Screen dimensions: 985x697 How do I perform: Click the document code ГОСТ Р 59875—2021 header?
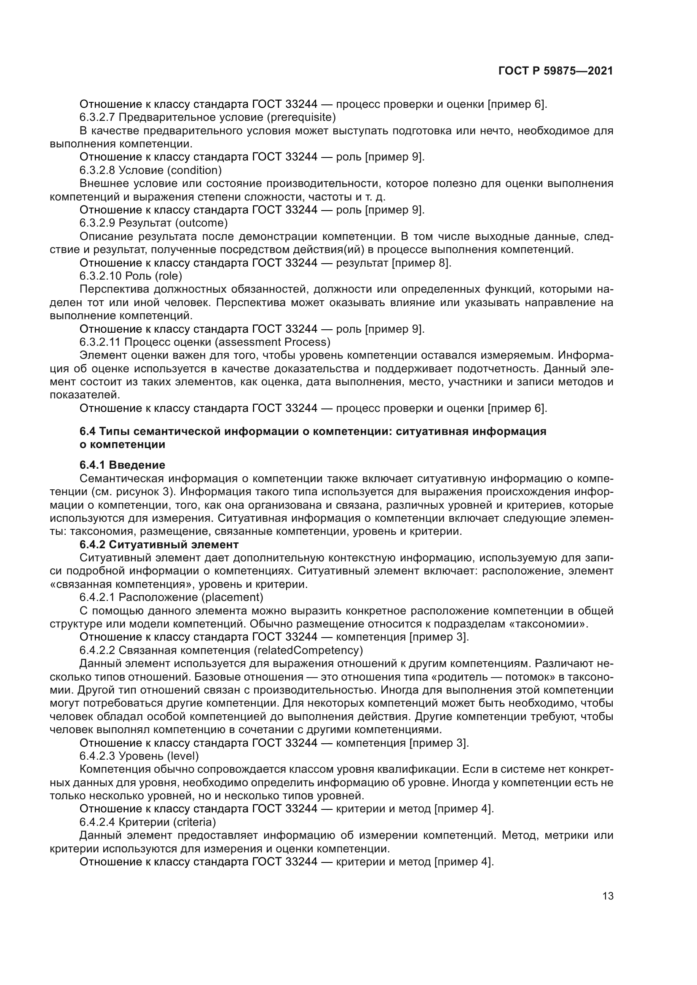point(555,71)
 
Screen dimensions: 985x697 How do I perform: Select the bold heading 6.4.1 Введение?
point(122,465)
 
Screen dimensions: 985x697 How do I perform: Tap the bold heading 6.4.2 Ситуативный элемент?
point(159,545)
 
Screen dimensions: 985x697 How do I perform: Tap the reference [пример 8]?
point(421,263)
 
